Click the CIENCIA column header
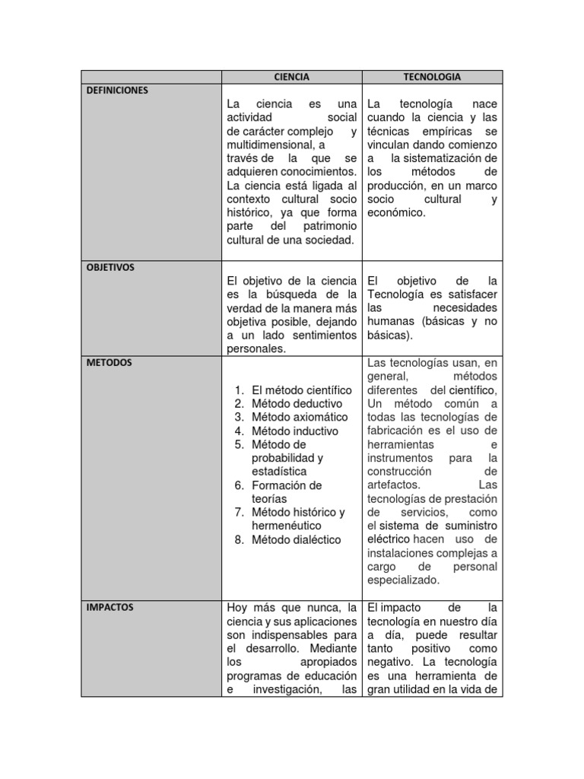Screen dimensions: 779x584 pyautogui.click(x=291, y=77)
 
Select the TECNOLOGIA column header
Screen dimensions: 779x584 pyautogui.click(x=432, y=77)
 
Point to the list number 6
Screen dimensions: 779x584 pyautogui.click(x=238, y=485)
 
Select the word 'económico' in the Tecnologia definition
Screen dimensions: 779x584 pyautogui.click(x=395, y=213)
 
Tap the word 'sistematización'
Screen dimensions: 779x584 pyautogui.click(x=444, y=158)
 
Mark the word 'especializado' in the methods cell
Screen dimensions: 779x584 pyautogui.click(x=403, y=580)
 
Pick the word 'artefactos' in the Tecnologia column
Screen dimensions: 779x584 pyautogui.click(x=392, y=485)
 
